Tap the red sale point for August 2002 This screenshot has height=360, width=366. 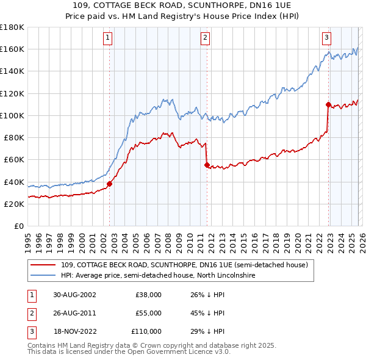click(110, 184)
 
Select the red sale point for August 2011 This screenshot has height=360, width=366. click(207, 165)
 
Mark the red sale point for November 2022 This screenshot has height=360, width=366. click(328, 104)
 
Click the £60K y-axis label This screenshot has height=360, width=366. click(13, 159)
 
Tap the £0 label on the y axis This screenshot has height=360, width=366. click(18, 226)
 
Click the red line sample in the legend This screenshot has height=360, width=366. click(43, 265)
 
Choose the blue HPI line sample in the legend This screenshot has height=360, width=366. click(43, 276)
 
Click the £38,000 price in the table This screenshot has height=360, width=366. click(148, 294)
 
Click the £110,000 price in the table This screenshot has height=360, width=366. click(146, 331)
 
